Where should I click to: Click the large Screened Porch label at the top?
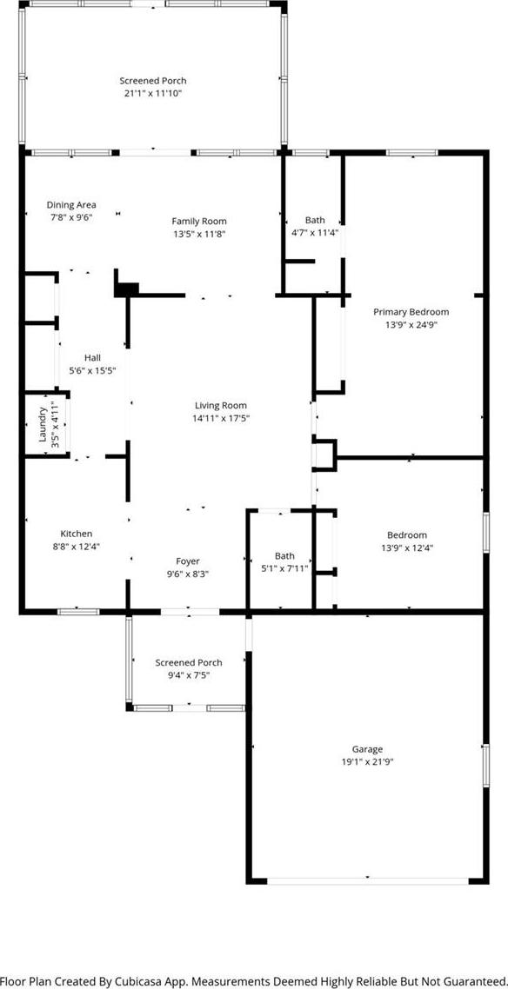pos(153,81)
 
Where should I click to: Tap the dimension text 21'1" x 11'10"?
pos(153,93)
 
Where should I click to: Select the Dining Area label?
pos(71,204)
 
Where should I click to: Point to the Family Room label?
pos(199,221)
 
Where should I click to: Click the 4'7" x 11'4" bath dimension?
pos(316,232)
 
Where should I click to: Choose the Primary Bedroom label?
pos(411,312)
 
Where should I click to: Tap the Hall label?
pos(92,358)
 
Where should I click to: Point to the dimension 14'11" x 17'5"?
pos(221,418)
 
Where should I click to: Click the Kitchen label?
pos(77,534)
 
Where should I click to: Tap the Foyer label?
pos(187,561)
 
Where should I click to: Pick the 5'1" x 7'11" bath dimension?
pos(284,569)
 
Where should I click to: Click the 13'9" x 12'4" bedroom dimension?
pos(407,548)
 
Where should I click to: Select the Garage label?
pos(367,748)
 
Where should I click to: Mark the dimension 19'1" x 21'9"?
pos(367,761)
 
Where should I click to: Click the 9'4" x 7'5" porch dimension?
pos(189,675)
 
